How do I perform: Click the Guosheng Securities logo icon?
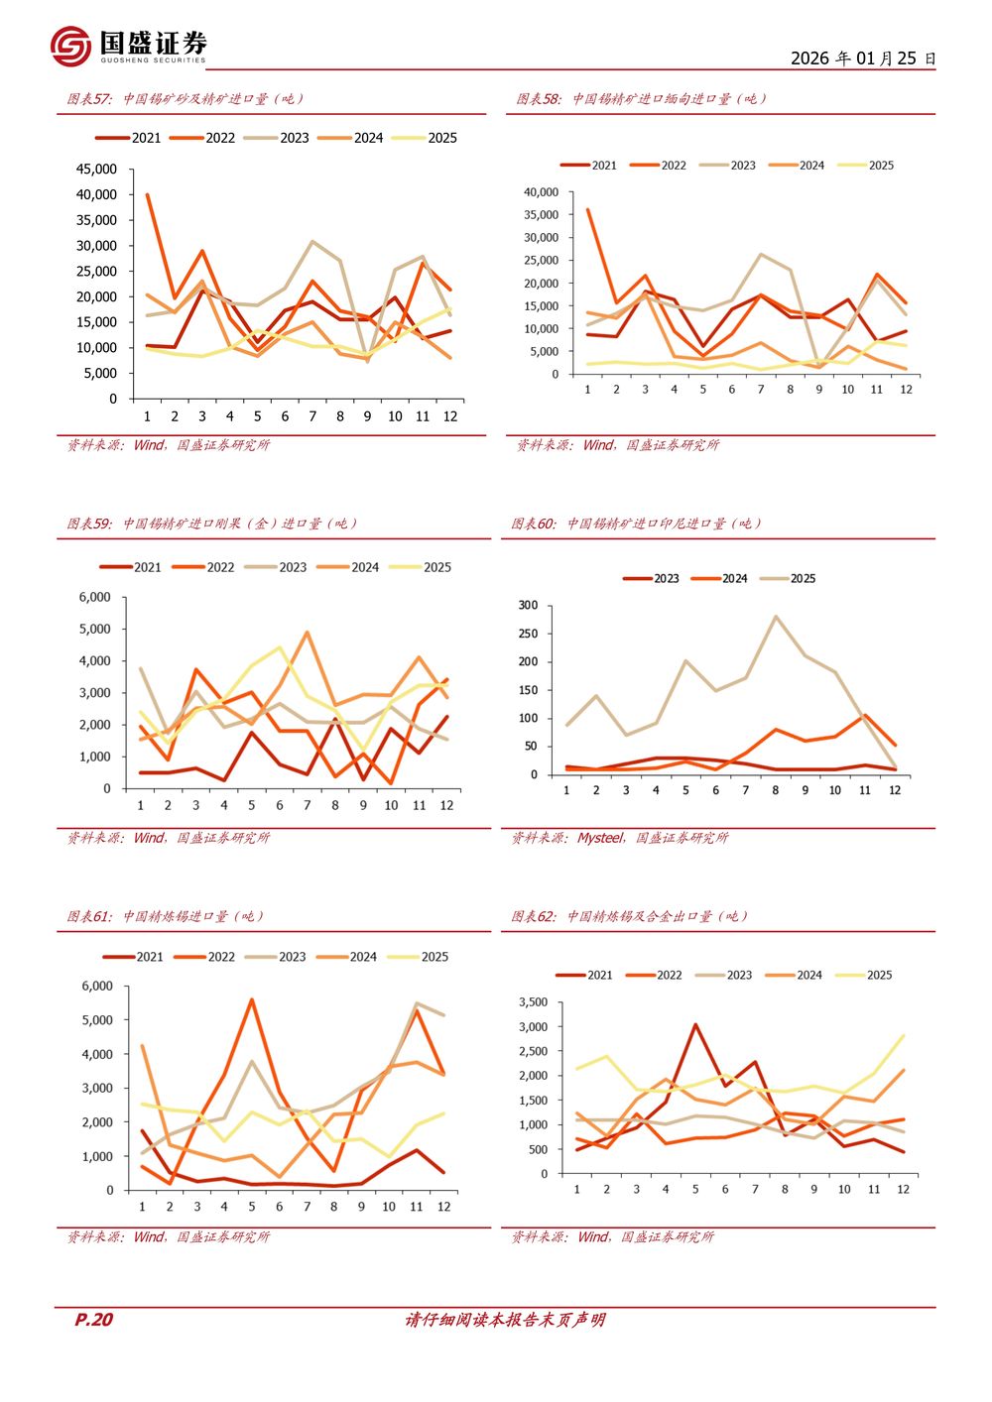click(70, 47)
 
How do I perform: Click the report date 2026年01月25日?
click(862, 58)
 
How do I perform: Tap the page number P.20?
click(94, 1319)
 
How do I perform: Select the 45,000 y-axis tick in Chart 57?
click(96, 170)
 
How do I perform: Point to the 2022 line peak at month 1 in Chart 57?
click(148, 194)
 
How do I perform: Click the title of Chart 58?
click(641, 99)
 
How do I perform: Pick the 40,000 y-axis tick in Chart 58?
click(541, 192)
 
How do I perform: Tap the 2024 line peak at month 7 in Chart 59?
click(308, 632)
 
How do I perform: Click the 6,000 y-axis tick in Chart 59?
click(95, 597)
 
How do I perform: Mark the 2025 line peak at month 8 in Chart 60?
click(776, 616)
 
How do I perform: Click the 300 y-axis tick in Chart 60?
click(528, 605)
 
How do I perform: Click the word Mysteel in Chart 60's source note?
click(600, 838)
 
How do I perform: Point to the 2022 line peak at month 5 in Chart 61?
click(252, 999)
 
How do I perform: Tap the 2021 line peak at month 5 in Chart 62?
click(695, 1024)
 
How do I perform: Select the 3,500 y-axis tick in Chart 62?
click(533, 1002)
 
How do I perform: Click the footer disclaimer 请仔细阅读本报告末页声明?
click(505, 1320)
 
